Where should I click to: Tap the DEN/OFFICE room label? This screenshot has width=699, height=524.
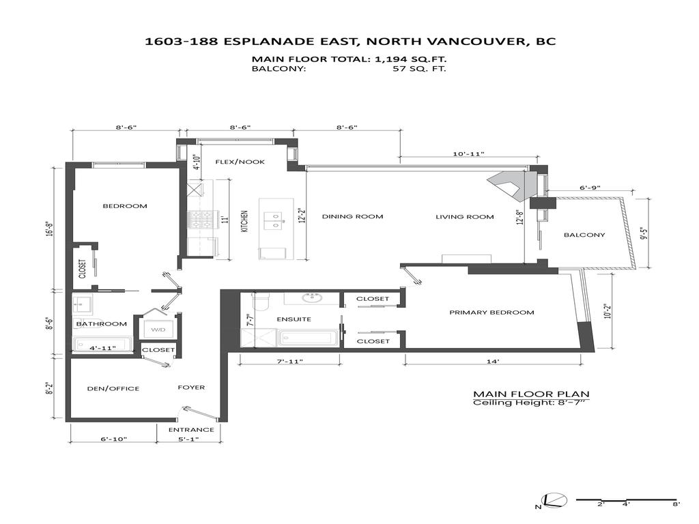coord(113,388)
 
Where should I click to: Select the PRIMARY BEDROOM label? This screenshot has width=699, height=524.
coord(491,312)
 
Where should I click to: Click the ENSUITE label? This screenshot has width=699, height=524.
coord(294,319)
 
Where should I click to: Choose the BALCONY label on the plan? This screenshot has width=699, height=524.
coord(584,235)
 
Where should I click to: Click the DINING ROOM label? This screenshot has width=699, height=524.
coord(352,216)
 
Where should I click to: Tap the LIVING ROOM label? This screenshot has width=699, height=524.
coord(464,217)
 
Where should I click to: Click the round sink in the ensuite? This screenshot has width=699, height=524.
coord(314,297)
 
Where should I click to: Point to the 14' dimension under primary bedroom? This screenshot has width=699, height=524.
coord(493,361)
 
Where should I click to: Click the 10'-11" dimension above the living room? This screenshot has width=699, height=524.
coord(468,154)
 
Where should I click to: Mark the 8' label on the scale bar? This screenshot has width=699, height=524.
coord(675,506)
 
